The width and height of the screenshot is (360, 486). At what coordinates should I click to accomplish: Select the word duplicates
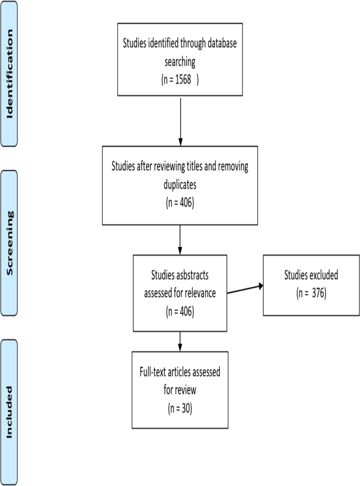click(x=180, y=185)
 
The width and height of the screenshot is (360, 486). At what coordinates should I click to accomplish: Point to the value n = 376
click(x=311, y=293)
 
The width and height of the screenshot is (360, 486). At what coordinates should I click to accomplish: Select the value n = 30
click(x=180, y=408)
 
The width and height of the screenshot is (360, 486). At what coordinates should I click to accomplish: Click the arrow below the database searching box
click(x=180, y=121)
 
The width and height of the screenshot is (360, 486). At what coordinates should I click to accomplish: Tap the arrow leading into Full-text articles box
click(x=180, y=341)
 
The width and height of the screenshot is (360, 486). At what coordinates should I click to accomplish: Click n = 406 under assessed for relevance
click(x=180, y=311)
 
